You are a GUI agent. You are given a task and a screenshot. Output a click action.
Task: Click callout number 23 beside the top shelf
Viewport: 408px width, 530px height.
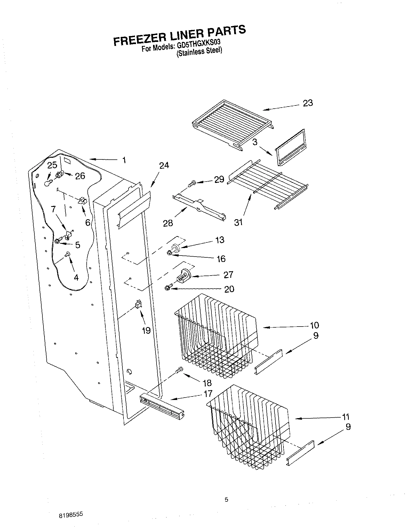(308, 103)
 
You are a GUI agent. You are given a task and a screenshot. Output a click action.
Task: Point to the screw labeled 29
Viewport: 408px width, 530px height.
(191, 183)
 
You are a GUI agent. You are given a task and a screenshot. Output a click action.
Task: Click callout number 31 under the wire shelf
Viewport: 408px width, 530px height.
(238, 222)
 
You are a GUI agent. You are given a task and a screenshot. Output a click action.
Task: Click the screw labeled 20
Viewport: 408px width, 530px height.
(167, 288)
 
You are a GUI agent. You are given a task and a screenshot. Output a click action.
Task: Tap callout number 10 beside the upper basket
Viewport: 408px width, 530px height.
(314, 325)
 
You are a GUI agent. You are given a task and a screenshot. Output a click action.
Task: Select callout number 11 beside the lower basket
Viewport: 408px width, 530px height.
(345, 417)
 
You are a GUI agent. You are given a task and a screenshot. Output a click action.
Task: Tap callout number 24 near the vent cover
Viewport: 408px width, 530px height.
(164, 166)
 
